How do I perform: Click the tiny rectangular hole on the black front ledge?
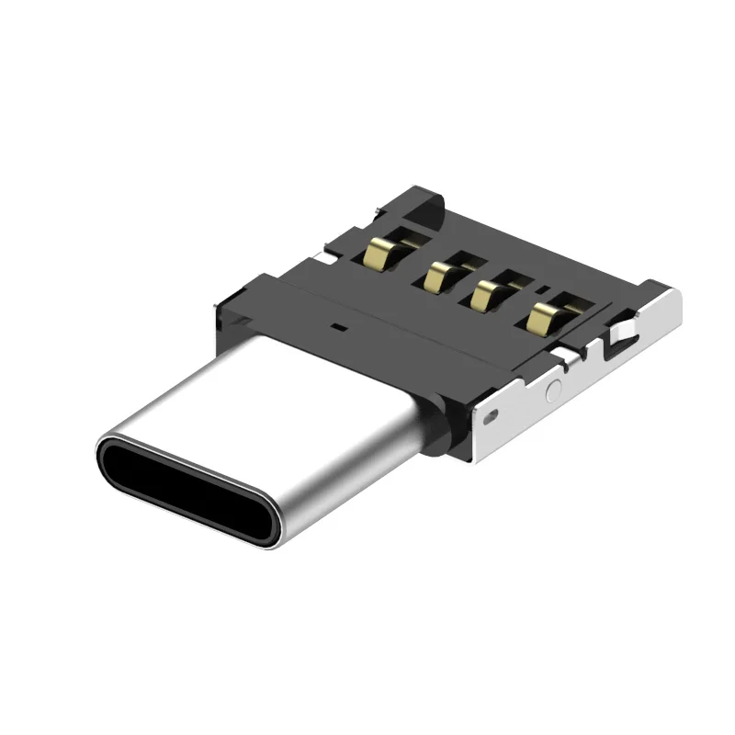pyautogui.click(x=339, y=325)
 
